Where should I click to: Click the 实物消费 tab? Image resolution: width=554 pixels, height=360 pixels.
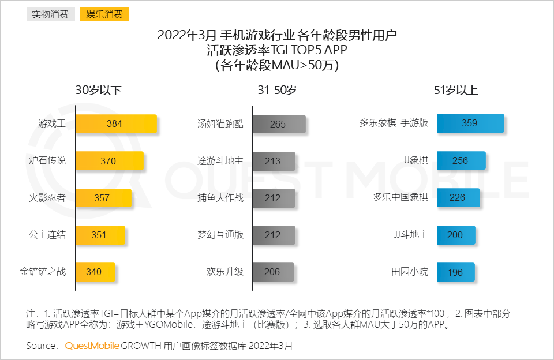click(50, 14)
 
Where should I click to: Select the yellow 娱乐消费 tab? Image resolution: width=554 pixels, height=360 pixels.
click(104, 14)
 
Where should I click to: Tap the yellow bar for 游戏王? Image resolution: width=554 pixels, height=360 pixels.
click(116, 123)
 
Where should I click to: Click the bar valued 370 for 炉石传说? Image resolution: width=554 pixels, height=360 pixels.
click(109, 161)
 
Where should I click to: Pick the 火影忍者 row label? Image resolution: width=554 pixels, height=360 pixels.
click(47, 198)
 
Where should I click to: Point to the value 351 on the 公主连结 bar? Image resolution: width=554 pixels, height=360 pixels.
click(99, 235)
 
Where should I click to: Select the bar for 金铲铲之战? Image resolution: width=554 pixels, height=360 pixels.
click(95, 272)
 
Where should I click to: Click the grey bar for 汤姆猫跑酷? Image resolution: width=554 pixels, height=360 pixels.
click(279, 124)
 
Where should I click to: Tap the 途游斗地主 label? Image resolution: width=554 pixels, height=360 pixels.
click(220, 161)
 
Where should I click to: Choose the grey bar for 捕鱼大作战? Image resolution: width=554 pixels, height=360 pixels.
click(274, 198)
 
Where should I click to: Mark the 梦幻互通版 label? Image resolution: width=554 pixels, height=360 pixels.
click(220, 235)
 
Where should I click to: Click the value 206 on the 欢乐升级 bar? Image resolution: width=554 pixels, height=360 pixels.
click(272, 272)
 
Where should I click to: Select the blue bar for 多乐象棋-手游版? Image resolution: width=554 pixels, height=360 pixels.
click(470, 123)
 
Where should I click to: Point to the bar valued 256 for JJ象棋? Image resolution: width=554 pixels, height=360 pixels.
click(461, 161)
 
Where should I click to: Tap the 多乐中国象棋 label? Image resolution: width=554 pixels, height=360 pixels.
click(400, 198)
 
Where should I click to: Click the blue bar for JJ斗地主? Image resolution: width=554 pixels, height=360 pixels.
click(456, 235)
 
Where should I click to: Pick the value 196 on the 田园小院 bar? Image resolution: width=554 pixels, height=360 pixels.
click(455, 272)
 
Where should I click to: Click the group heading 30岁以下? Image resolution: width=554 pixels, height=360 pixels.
click(98, 91)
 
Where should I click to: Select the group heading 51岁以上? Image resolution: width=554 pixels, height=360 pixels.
click(456, 91)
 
